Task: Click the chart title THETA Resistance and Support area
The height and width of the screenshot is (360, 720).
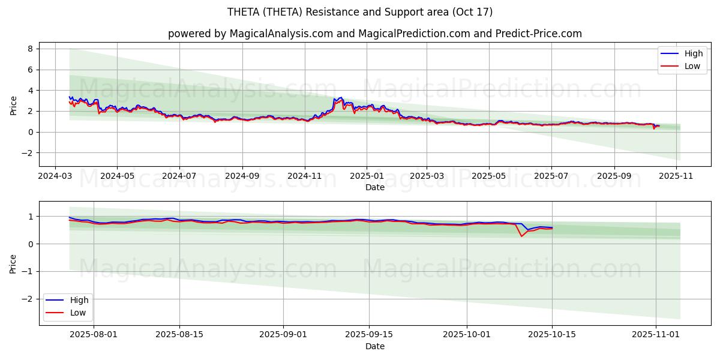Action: (360, 12)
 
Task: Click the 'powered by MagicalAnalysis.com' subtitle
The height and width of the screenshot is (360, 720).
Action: (374, 34)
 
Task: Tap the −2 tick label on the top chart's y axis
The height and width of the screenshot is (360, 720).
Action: (27, 153)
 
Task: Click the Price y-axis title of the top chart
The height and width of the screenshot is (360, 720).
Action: (14, 104)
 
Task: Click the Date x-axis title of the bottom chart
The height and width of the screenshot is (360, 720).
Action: (374, 346)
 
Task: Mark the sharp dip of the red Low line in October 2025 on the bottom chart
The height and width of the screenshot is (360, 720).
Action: (521, 236)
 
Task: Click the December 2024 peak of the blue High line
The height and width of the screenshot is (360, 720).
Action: (341, 97)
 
